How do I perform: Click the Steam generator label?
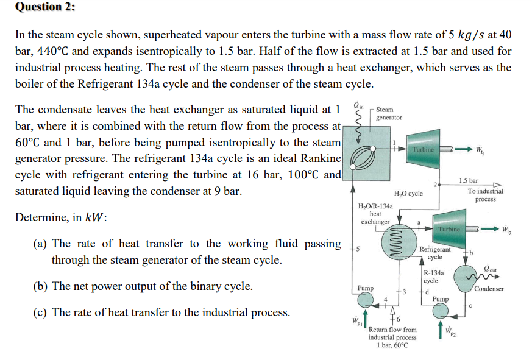tap(389, 113)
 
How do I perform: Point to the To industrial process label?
tap(485, 195)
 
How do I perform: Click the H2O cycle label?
tap(408, 194)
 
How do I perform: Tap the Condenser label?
tap(489, 288)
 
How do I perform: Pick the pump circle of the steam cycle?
tap(366, 300)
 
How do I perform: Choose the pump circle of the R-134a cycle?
tap(440, 311)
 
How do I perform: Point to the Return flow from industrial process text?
tap(392, 337)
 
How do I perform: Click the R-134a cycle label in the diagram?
tap(434, 277)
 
